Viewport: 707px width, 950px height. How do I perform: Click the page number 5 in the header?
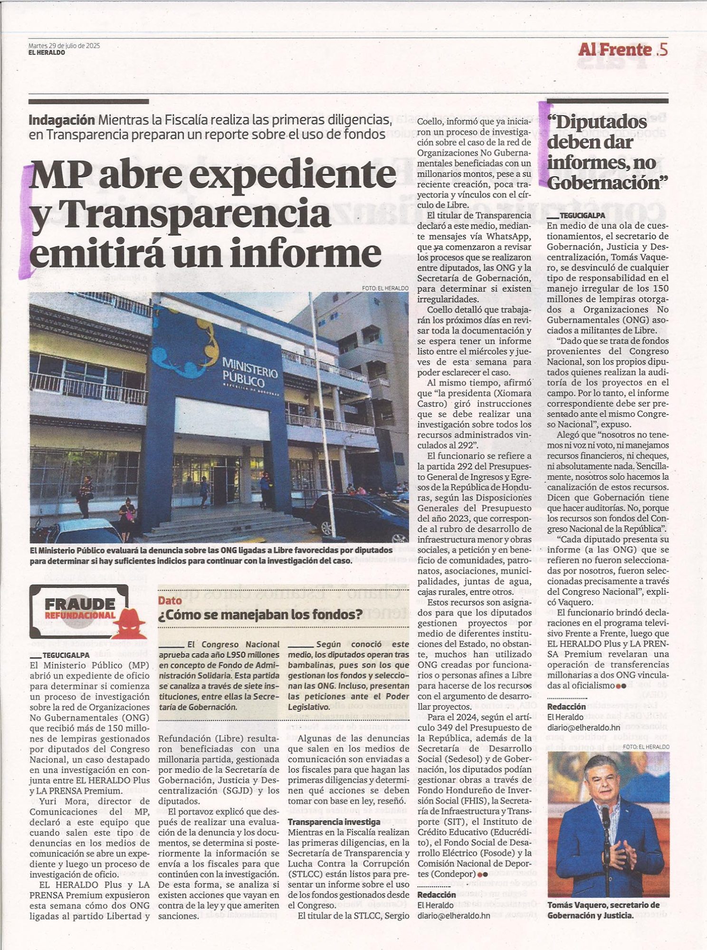tap(664, 49)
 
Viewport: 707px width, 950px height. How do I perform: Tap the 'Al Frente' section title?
tap(614, 49)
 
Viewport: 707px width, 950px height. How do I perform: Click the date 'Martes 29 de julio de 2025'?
tap(64, 46)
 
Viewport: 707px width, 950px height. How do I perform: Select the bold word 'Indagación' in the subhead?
tap(62, 120)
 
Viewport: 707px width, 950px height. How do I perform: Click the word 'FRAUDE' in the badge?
tap(80, 604)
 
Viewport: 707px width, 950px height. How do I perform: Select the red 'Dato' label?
tap(170, 600)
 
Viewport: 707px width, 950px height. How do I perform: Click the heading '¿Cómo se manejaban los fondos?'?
tap(260, 615)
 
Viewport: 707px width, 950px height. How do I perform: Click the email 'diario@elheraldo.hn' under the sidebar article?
tap(583, 727)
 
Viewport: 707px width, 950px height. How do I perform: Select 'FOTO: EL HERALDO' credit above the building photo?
tap(385, 288)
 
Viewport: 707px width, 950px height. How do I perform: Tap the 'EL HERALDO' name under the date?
tap(47, 53)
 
